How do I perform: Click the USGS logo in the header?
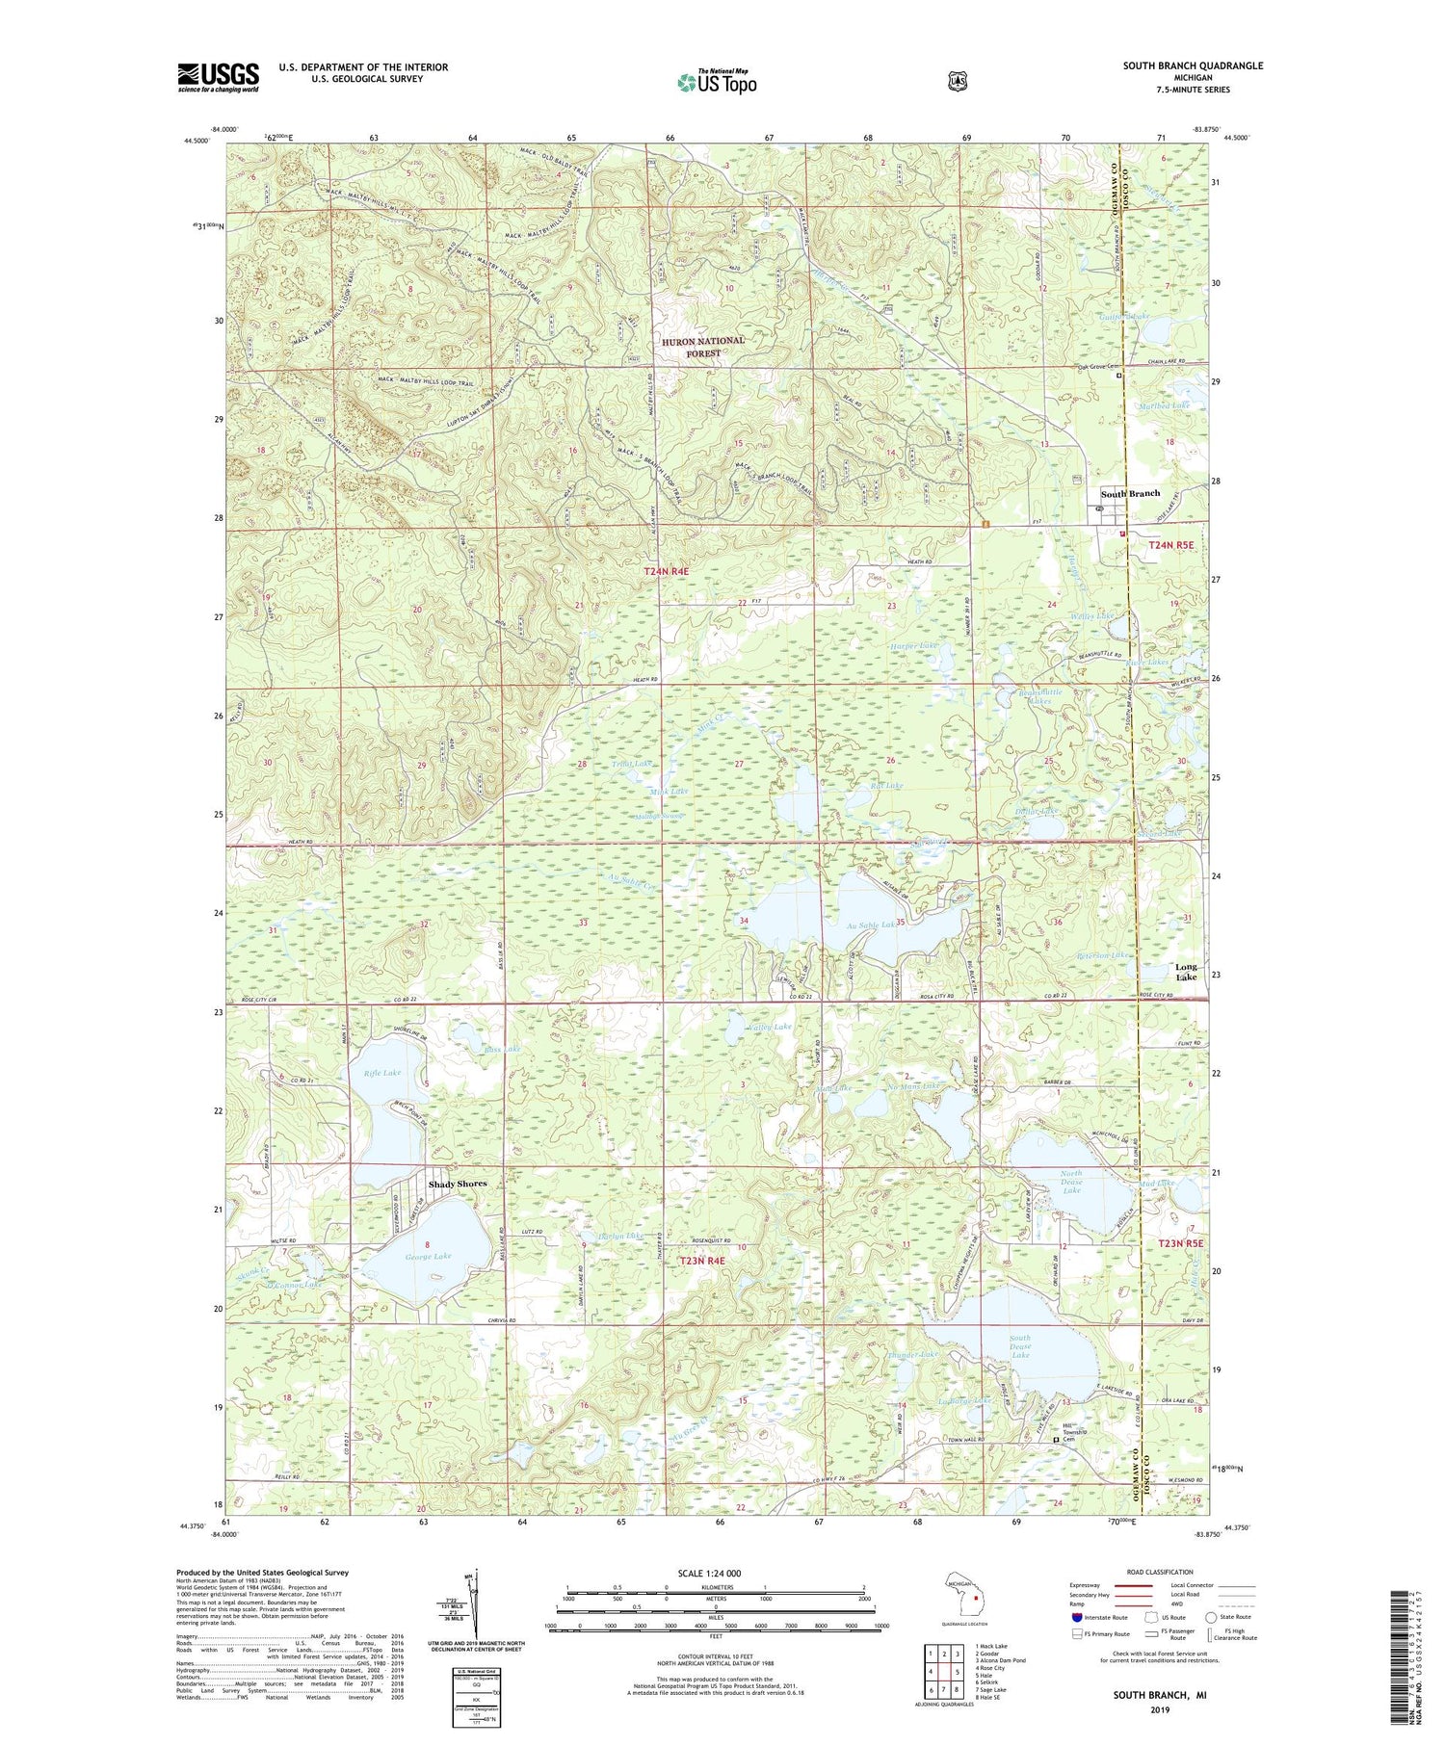(x=219, y=77)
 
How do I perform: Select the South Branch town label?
(x=1130, y=493)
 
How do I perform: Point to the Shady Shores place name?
(x=458, y=1184)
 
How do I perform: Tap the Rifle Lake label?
(x=382, y=1072)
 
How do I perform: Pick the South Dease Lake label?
(x=1020, y=1345)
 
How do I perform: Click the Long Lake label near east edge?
(x=1186, y=971)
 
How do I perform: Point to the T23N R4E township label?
(x=702, y=1260)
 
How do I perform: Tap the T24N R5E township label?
(x=1170, y=545)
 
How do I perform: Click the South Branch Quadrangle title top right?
(x=1192, y=65)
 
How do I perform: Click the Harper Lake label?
(x=913, y=645)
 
